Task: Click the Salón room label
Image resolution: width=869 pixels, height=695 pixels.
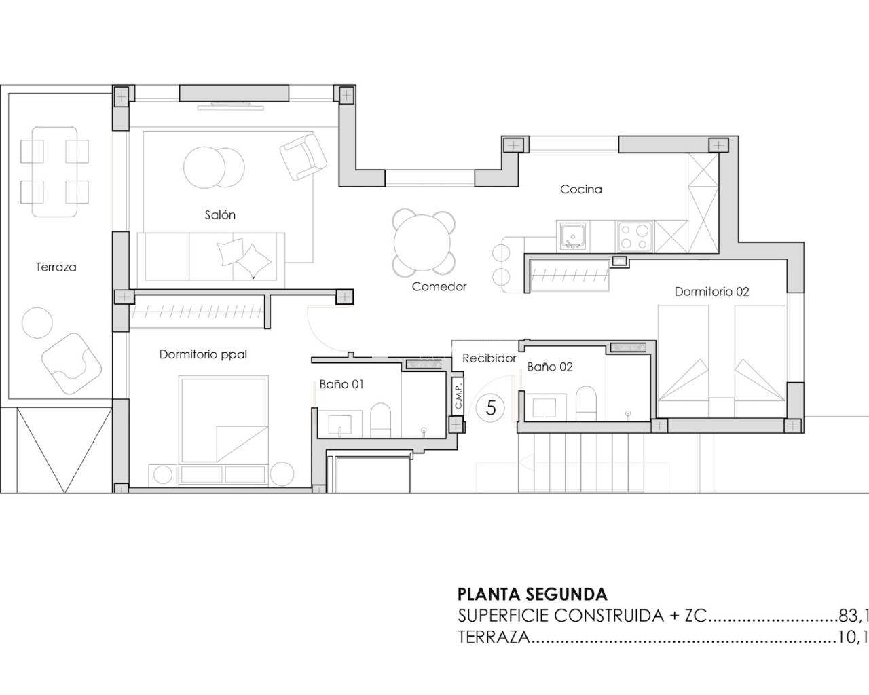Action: tap(220, 214)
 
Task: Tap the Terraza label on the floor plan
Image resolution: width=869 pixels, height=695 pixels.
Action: tap(56, 267)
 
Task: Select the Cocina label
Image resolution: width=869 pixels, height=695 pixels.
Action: tap(580, 189)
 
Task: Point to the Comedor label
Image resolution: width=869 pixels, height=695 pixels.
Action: tap(439, 286)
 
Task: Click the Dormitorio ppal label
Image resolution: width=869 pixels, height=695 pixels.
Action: tap(203, 354)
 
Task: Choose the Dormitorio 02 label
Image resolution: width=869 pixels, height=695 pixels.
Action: tap(711, 292)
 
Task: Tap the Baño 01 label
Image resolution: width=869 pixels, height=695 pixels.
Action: tap(341, 384)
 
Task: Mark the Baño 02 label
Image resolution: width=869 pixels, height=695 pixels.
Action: tap(550, 367)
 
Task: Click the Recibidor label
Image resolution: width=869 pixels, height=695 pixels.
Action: tap(489, 358)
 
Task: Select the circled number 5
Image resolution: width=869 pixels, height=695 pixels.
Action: tap(492, 408)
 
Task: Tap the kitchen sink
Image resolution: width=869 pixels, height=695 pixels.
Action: tap(573, 236)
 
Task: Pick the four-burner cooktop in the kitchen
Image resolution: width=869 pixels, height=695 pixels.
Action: tap(634, 236)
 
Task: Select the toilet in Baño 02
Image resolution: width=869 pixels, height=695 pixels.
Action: tap(586, 404)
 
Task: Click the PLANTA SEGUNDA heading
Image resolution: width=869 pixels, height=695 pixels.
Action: tap(532, 595)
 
